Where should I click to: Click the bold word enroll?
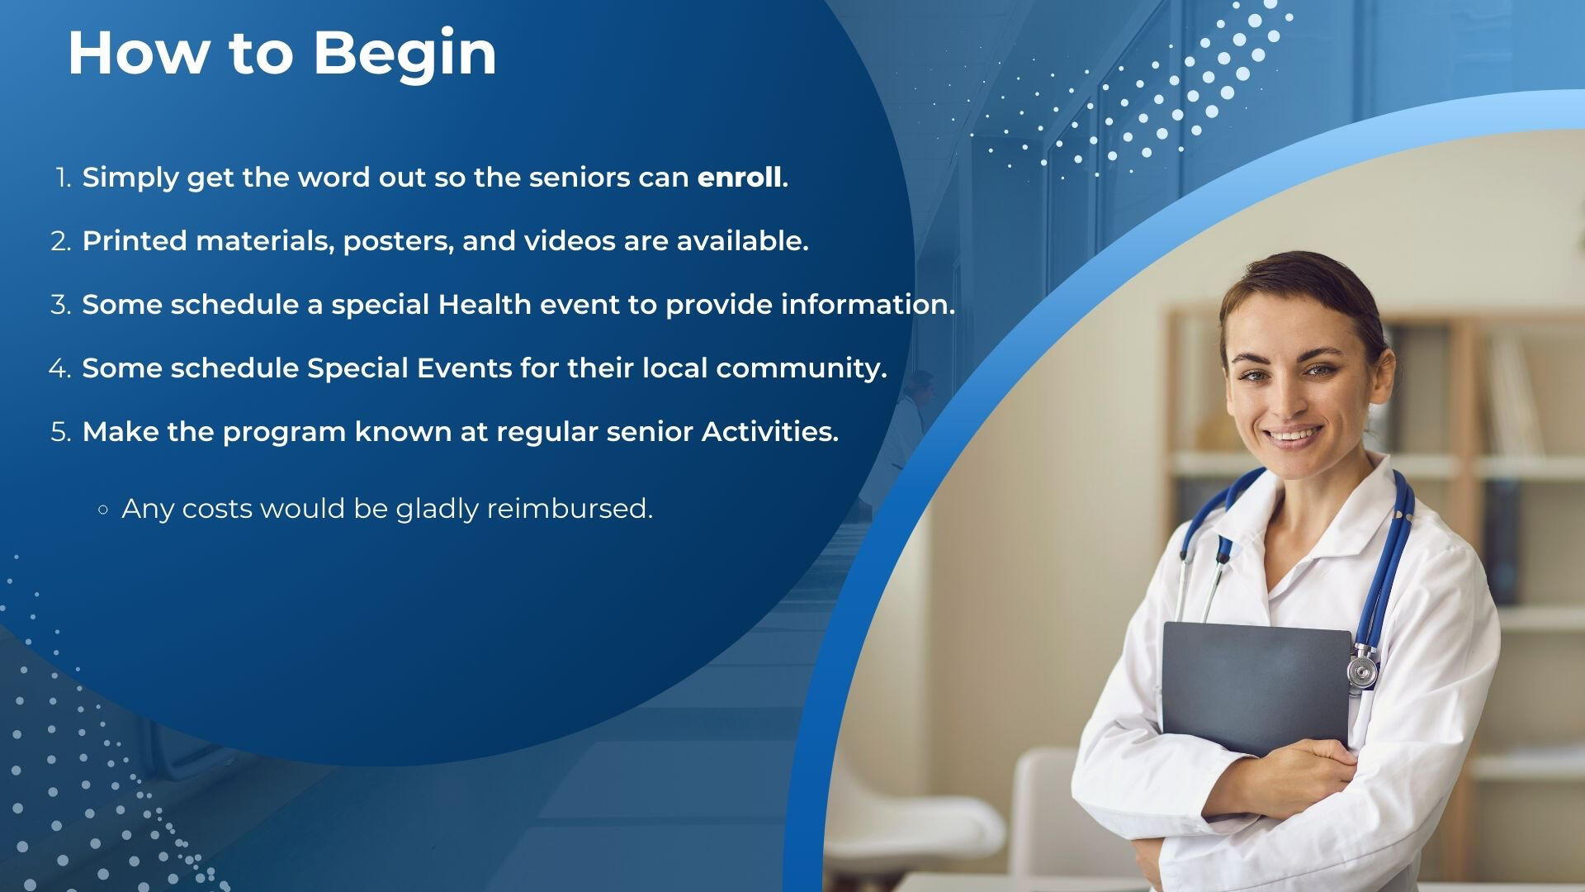click(740, 178)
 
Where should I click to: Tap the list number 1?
click(64, 178)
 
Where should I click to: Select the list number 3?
click(61, 305)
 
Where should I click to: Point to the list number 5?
click(61, 432)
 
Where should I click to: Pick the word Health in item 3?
click(485, 304)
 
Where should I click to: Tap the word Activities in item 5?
click(769, 431)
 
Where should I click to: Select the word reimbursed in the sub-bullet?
click(570, 509)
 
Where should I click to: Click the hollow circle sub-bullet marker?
click(102, 510)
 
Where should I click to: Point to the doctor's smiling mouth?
click(1294, 434)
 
